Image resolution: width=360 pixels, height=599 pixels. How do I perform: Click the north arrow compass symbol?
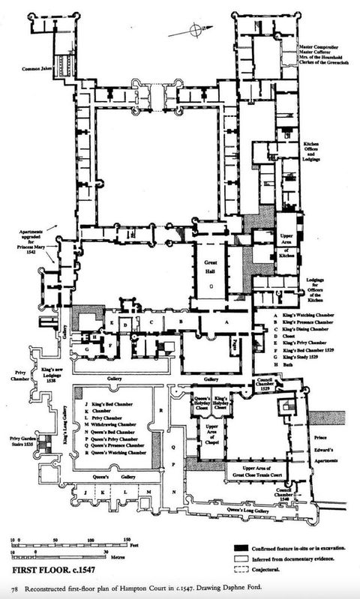click(196, 29)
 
